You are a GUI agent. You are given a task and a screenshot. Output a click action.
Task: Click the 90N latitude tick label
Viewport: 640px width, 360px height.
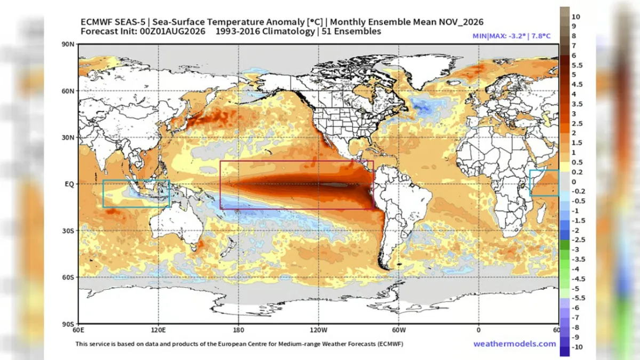coord(68,44)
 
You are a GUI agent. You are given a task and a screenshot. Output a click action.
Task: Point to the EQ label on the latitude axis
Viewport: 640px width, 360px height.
coord(69,184)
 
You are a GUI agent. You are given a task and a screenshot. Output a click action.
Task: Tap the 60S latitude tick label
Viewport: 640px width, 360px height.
coord(68,277)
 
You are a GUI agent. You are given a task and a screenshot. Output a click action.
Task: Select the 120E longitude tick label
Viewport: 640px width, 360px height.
coord(158,330)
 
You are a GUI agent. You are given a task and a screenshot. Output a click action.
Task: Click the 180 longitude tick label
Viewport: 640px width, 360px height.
coord(238,330)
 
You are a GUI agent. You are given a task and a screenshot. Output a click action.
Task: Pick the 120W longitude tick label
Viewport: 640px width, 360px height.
coord(318,330)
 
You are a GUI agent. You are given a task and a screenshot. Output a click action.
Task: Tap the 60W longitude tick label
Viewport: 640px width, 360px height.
coord(399,330)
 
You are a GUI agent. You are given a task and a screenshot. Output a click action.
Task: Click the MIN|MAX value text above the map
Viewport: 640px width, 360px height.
coord(511,36)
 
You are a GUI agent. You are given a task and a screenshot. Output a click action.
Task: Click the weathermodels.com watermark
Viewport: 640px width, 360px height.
coord(515,343)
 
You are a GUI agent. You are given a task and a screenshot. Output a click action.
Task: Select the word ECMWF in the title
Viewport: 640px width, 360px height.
coord(97,22)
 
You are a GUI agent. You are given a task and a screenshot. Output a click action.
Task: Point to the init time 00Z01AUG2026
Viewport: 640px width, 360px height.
coord(172,31)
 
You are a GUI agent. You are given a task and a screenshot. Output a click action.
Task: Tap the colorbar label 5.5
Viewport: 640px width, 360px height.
coord(577,66)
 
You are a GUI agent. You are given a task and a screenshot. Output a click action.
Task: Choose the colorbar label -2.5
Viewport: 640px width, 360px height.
coord(578,239)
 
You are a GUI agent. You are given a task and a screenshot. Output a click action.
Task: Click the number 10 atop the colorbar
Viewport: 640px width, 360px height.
coord(575,17)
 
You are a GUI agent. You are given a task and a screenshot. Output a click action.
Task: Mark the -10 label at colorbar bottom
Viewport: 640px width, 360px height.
coord(577,347)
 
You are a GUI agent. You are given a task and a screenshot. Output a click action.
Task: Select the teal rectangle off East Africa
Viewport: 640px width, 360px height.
coord(530,183)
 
